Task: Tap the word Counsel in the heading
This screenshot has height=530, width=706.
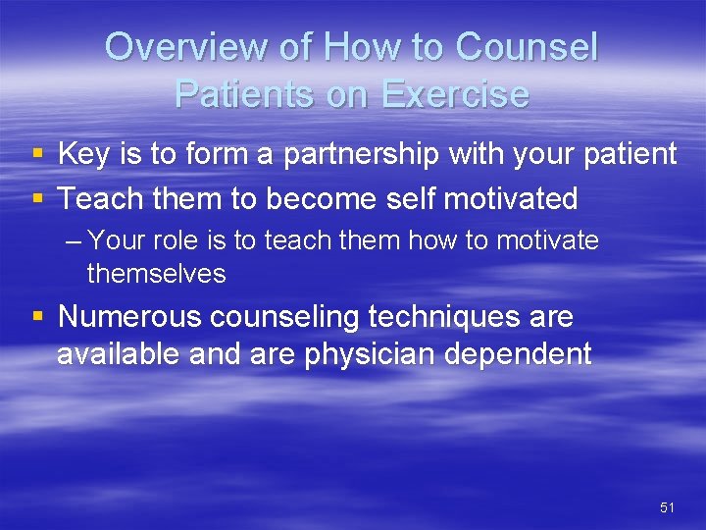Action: [527, 47]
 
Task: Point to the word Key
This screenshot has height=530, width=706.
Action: [84, 154]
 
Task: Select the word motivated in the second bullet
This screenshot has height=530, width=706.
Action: [510, 199]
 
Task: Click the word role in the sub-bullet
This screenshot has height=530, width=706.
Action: [183, 240]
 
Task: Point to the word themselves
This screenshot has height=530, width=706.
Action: [156, 274]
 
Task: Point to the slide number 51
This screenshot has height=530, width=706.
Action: [668, 507]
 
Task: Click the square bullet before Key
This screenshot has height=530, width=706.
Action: [37, 155]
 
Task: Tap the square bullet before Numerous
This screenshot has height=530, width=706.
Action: [37, 318]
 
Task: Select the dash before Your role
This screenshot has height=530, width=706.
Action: [75, 241]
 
